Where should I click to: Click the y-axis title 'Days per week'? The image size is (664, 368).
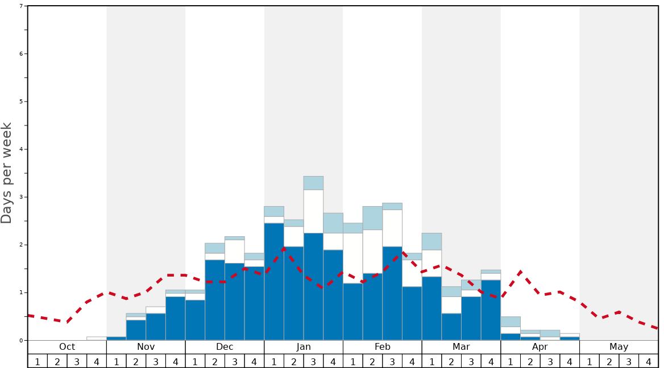(x=7, y=173)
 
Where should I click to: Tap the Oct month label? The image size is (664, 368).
(x=67, y=347)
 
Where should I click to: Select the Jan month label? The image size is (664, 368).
(x=304, y=347)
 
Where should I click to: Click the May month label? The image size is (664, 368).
(x=619, y=347)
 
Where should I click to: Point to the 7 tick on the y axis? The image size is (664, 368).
(x=21, y=6)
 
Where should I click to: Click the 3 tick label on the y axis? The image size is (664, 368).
(x=21, y=197)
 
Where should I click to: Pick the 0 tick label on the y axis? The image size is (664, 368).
(x=21, y=340)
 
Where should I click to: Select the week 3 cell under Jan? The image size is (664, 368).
(x=313, y=361)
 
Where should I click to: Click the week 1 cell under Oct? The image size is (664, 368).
(x=38, y=361)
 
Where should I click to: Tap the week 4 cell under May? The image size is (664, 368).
(x=649, y=361)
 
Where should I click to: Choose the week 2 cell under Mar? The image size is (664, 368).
(x=451, y=361)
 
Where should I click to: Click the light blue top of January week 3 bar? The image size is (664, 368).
(x=313, y=183)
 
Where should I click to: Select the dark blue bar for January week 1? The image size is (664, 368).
(x=274, y=282)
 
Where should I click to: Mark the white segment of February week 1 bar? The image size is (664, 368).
(x=352, y=258)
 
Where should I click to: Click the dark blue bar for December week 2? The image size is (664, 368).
(x=215, y=300)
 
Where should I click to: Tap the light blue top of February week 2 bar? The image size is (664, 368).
(x=372, y=218)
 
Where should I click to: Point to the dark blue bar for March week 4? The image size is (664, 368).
(x=491, y=310)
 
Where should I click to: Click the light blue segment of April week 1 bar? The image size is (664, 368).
(x=511, y=321)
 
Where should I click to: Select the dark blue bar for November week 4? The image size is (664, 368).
(x=176, y=318)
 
